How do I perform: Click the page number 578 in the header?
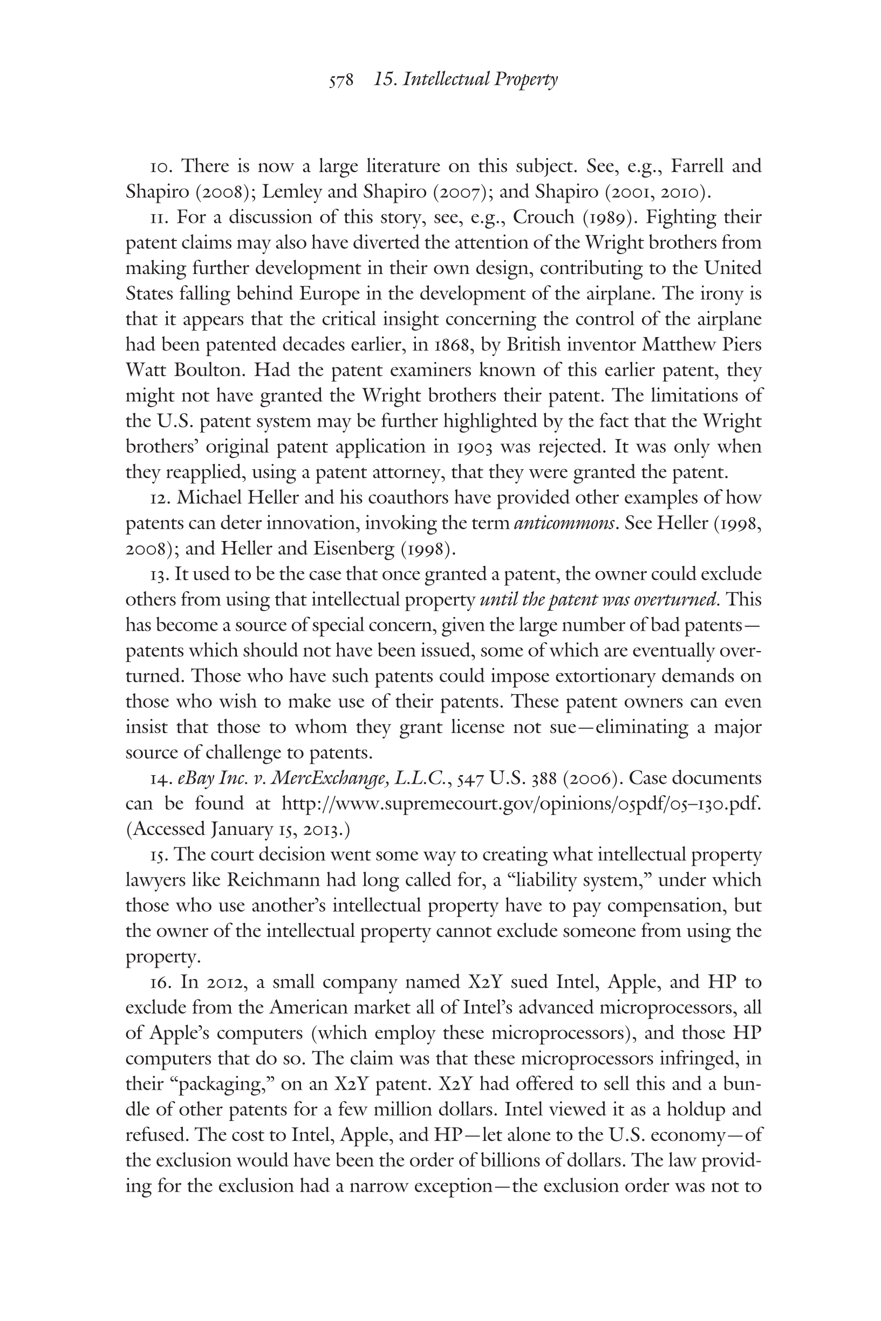341,81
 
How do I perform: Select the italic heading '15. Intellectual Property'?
465,80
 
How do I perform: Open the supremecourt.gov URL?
521,804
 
